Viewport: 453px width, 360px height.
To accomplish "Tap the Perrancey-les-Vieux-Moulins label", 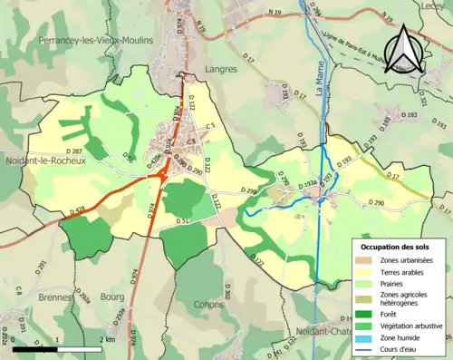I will (x=92, y=41).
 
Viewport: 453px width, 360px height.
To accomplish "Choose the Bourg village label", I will (x=113, y=297).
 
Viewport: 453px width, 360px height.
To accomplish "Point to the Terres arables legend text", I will (x=405, y=272).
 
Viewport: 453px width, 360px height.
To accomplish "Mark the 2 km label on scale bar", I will (x=108, y=339).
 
